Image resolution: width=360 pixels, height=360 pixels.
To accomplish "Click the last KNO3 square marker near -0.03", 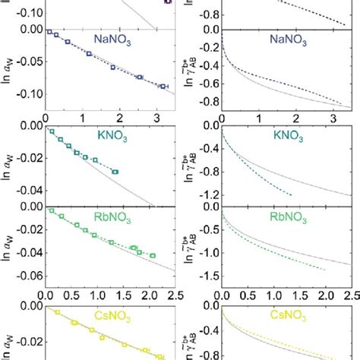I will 115,172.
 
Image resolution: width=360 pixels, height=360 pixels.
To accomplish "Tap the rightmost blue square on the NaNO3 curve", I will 162,87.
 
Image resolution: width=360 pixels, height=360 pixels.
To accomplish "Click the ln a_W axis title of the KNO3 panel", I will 7,161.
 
